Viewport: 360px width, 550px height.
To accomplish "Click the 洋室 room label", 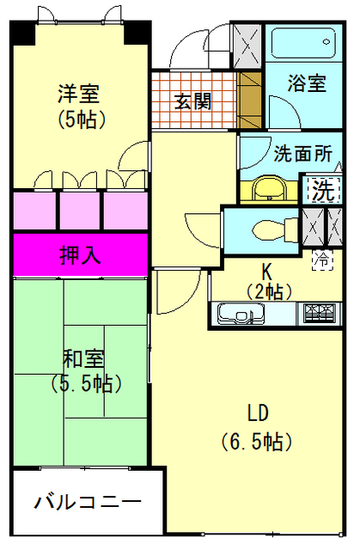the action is pos(79,94).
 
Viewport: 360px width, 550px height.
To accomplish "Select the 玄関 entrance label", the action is pos(192,101).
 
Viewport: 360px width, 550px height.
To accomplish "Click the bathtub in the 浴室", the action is pos(303,43).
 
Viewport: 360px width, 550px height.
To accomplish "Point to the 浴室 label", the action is pos(307,82).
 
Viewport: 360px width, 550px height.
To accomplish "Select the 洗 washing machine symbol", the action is pos(323,190).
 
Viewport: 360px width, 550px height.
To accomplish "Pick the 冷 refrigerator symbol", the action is pos(322,260).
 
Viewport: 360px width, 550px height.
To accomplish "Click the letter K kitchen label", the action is pos(266,272).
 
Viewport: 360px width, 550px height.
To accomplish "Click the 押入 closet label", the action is pos(80,254).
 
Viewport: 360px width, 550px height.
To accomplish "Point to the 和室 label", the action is pos(84,358).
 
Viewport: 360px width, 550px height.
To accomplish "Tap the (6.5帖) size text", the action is pos(257,441).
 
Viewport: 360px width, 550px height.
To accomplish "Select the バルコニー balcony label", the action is pos(88,502).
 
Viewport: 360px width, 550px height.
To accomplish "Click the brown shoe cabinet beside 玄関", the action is pos(249,101).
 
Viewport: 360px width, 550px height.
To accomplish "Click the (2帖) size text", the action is pos(269,291).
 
